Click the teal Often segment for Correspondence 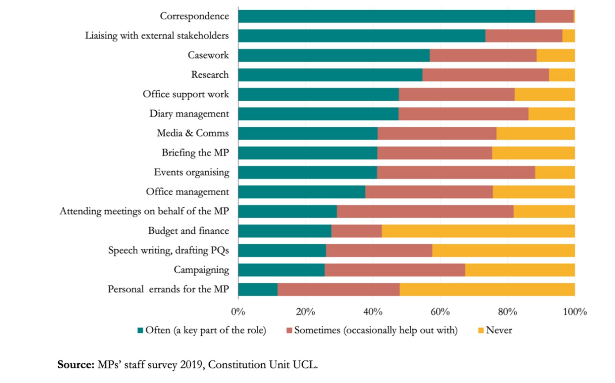tap(386, 16)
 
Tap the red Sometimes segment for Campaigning tap(395, 270)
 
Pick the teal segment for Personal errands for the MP tap(258, 289)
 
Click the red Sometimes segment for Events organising tap(456, 172)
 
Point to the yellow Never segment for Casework tap(555, 55)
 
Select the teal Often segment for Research tap(330, 75)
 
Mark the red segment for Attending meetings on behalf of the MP tap(425, 211)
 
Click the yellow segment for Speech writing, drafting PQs tap(503, 250)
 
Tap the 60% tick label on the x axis tap(440, 312)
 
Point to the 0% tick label tap(238, 312)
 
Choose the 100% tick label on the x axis tap(574, 312)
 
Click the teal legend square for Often tap(141, 330)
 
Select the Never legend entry tap(499, 330)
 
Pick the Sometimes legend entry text tap(375, 330)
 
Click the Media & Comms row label tap(193, 133)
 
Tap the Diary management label tap(189, 114)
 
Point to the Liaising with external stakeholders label tap(157, 36)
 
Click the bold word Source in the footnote tap(76, 365)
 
